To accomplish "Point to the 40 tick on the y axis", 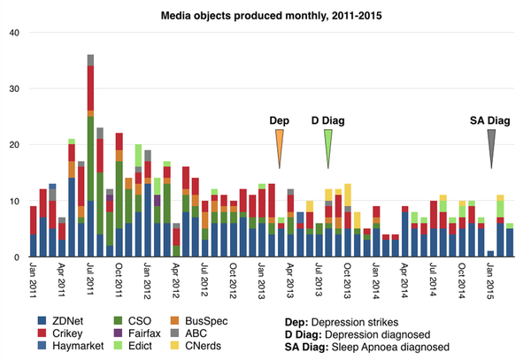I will click(13, 33).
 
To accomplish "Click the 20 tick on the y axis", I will click(13, 145).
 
